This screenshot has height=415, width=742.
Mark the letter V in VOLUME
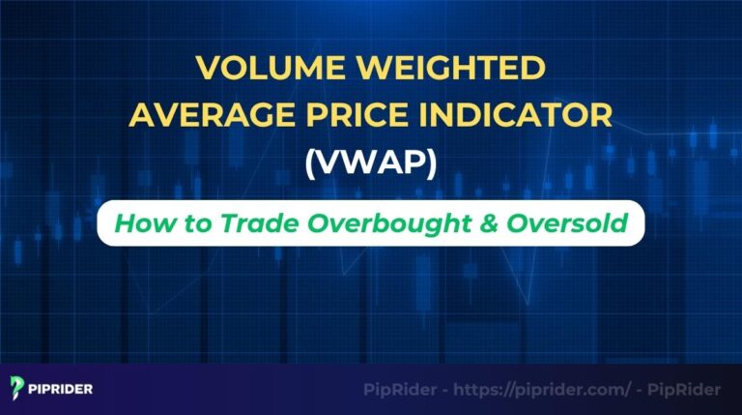point(207,70)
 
